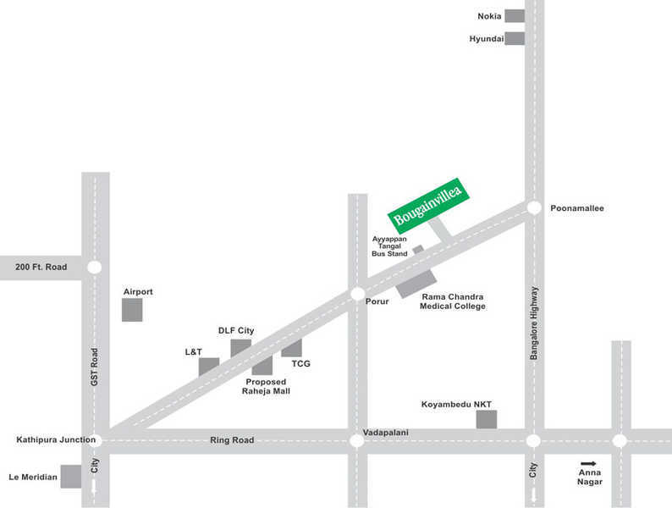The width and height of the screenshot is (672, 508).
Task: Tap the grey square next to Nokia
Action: point(515,16)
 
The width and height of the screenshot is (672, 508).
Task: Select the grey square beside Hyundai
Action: point(515,38)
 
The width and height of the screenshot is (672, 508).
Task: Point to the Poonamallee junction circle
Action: point(534,207)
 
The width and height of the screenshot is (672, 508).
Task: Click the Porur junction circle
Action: point(357,294)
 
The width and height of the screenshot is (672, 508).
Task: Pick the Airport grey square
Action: point(132,310)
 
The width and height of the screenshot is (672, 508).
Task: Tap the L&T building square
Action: point(209,367)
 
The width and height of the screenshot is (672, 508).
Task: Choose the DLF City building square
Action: point(241,347)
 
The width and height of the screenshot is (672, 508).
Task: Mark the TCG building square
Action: point(292,348)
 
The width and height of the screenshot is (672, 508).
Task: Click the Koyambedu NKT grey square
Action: point(486,418)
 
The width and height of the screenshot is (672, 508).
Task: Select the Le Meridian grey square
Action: point(71,477)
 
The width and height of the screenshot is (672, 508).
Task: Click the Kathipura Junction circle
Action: point(95,440)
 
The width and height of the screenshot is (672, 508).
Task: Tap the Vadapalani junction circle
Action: point(357,440)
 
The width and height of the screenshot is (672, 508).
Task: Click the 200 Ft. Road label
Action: point(41,267)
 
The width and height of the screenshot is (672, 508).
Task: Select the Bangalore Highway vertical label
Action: point(534,323)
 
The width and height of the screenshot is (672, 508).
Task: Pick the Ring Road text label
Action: point(232,440)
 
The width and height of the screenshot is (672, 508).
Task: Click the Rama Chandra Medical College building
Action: point(416,284)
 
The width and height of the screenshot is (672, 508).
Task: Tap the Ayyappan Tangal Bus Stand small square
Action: point(418,250)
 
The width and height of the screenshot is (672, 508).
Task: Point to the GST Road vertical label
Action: point(95,367)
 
